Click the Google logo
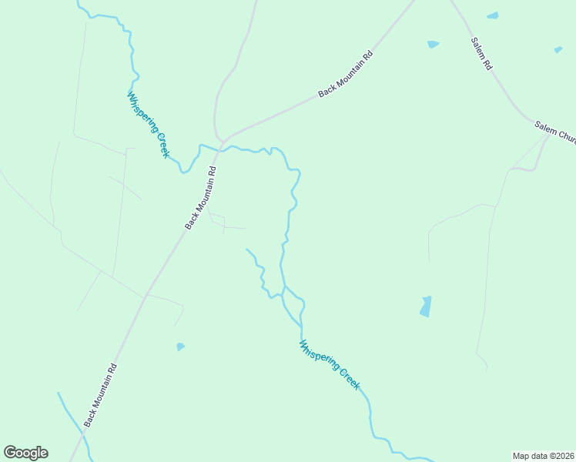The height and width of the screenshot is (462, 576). coord(25,453)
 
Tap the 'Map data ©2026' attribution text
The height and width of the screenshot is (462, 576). coord(543,455)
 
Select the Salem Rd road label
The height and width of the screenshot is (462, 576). coord(482,53)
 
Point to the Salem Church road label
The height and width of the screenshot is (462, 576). coord(555,132)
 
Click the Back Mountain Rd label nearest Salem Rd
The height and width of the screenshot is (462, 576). coord(346,74)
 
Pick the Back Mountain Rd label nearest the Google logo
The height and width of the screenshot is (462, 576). coord(100,395)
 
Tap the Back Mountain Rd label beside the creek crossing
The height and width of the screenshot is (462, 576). coord(201,197)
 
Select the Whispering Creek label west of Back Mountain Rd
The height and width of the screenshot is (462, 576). coord(148,124)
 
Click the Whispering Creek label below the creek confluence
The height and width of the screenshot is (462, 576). coord(330,364)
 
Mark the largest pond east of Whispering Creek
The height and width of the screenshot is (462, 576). coord(425,306)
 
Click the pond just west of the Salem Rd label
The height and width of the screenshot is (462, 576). coord(433,45)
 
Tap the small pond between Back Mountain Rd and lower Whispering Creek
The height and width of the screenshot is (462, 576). coord(180,347)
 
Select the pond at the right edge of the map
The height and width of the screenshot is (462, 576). coord(558,50)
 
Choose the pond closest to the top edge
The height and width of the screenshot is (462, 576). coord(492,15)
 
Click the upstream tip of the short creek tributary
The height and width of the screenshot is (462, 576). coord(246,249)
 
